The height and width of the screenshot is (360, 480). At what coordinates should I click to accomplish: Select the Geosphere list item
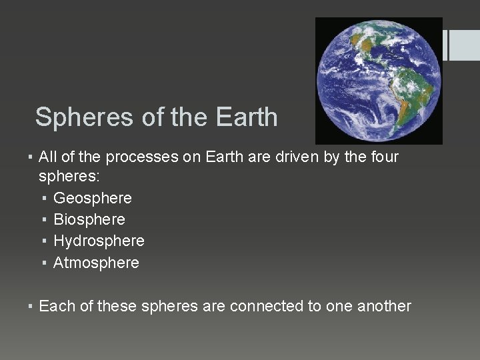coord(93,199)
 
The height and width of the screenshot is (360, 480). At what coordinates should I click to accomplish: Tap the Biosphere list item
coord(89,219)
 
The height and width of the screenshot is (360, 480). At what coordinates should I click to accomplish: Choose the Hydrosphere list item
coord(99,241)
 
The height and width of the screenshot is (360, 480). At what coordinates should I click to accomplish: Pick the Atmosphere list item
coord(96,263)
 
